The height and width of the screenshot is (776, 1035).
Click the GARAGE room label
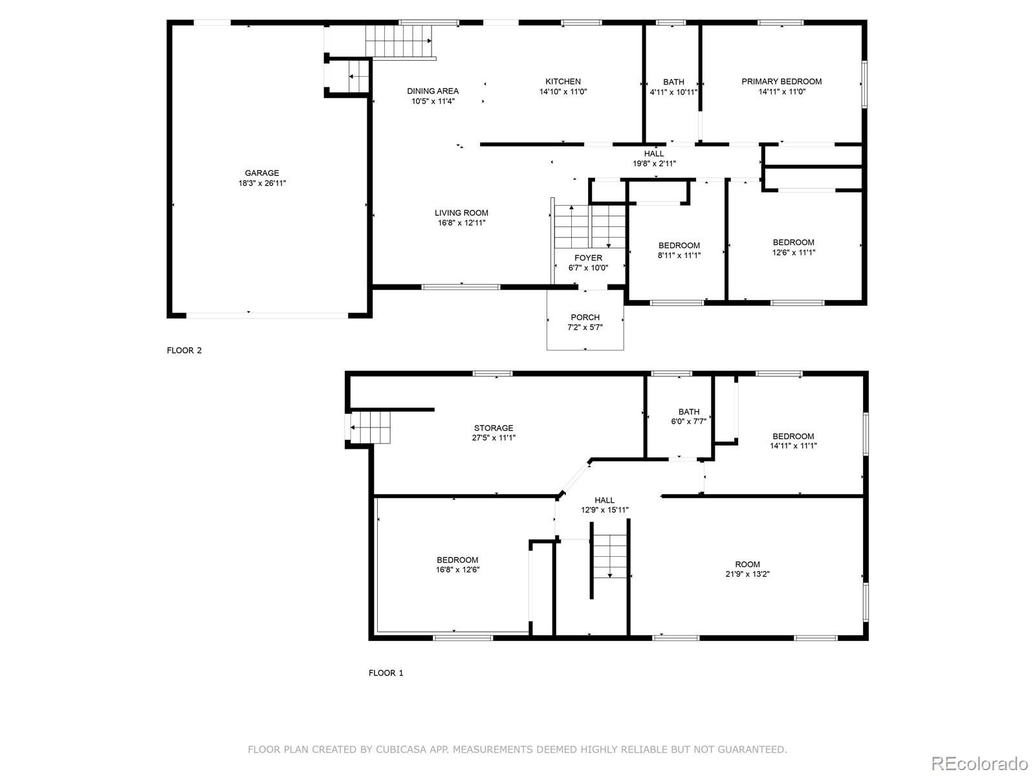click(x=262, y=173)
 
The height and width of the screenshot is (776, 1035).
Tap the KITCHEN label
click(x=563, y=81)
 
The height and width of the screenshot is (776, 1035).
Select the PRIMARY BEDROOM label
click(x=781, y=81)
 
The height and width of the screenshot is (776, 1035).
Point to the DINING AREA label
click(x=433, y=91)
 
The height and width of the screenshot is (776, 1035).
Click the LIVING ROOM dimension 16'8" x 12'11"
click(x=462, y=223)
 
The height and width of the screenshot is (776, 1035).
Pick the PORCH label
click(x=585, y=318)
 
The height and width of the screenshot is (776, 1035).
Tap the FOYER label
click(x=588, y=258)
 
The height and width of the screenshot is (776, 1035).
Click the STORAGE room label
click(x=494, y=428)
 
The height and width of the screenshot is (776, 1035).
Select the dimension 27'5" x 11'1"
click(x=494, y=438)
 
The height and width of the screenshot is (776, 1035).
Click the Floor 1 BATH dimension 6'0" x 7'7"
click(x=689, y=421)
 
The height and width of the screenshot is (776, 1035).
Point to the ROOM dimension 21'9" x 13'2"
click(x=747, y=574)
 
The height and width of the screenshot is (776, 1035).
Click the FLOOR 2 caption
click(x=184, y=350)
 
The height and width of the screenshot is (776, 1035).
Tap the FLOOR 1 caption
click(x=386, y=673)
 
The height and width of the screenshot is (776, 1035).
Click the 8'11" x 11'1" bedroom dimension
click(x=679, y=255)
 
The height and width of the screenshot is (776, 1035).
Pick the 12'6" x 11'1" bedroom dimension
click(x=794, y=252)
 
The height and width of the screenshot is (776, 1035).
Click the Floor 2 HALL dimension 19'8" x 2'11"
click(x=654, y=164)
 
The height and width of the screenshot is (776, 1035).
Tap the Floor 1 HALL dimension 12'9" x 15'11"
click(x=604, y=510)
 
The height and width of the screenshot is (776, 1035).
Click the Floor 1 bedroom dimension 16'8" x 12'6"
click(x=457, y=570)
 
